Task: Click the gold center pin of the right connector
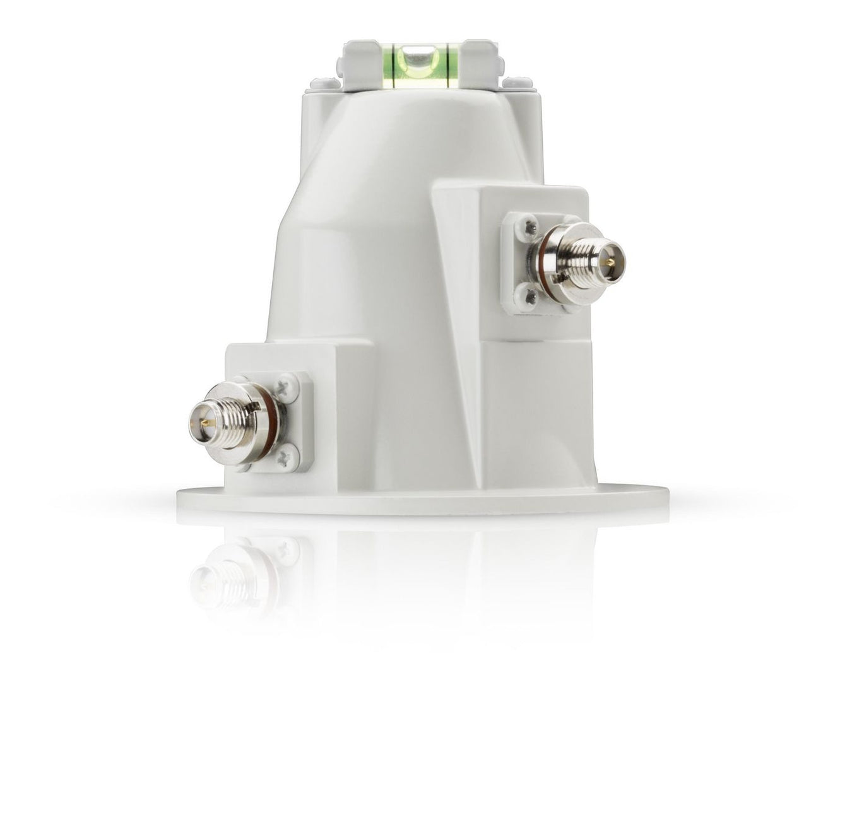607,259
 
